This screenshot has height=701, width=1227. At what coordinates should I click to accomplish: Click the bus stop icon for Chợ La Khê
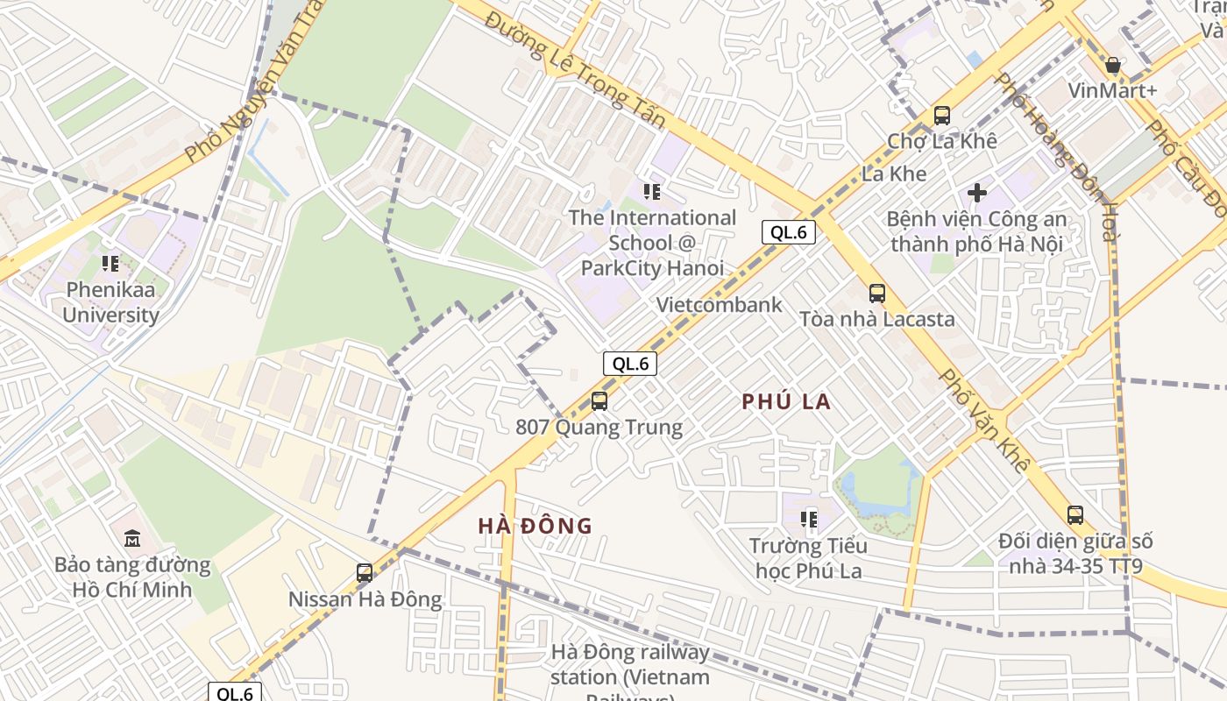942,115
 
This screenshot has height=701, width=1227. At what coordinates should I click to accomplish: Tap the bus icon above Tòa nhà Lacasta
876,294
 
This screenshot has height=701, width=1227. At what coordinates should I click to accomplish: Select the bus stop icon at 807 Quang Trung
599,401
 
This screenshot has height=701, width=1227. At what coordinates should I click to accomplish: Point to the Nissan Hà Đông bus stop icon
365,573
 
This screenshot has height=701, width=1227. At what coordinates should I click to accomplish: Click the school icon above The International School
652,191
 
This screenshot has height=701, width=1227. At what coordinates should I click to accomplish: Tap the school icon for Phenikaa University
110,263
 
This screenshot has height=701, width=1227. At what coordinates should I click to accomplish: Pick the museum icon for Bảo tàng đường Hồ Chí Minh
132,538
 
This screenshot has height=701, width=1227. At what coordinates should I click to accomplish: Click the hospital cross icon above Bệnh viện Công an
977,193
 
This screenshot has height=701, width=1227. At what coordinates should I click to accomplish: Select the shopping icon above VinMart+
1113,66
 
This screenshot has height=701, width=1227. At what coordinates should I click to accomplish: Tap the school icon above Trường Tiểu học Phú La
809,519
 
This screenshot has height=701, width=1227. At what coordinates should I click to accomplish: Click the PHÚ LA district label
786,402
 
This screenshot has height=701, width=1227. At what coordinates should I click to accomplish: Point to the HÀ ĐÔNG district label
535,526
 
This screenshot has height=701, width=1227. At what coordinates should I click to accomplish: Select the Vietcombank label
720,305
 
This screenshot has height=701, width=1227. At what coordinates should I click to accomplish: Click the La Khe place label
894,173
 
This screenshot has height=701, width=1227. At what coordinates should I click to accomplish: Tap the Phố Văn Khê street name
983,421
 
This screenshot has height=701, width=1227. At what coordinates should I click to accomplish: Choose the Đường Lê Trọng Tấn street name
574,70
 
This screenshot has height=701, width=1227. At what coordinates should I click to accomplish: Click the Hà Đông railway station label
630,666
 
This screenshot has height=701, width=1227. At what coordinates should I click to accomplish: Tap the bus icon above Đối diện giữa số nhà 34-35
1075,515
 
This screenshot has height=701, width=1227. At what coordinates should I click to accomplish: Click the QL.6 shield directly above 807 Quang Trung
630,364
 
